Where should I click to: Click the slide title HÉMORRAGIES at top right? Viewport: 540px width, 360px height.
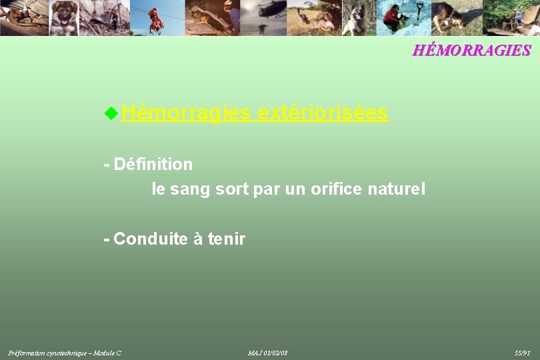pyautogui.click(x=471, y=51)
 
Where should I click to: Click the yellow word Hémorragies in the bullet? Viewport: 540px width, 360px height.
pyautogui.click(x=186, y=113)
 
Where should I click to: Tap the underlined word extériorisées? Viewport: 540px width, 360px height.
pyautogui.click(x=323, y=113)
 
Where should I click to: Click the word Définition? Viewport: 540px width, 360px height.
pyautogui.click(x=153, y=164)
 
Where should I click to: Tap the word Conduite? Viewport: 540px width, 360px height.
pyautogui.click(x=151, y=239)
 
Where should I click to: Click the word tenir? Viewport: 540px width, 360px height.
pyautogui.click(x=227, y=239)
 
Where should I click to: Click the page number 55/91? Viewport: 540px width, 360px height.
pyautogui.click(x=522, y=352)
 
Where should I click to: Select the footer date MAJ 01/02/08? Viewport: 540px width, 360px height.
pyautogui.click(x=267, y=352)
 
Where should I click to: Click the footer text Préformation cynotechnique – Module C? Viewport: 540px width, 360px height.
pyautogui.click(x=65, y=352)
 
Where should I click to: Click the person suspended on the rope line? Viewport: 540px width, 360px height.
pyautogui.click(x=155, y=20)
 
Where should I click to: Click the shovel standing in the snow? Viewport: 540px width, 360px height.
pyautogui.click(x=419, y=13)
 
